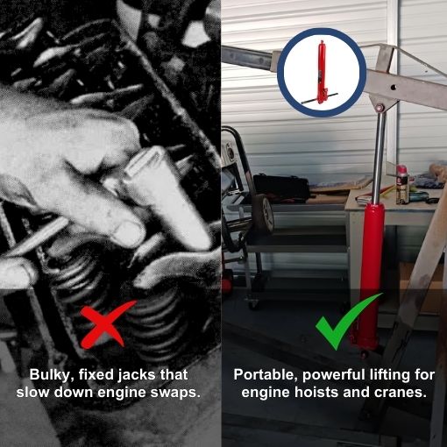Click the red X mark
click(x=107, y=324)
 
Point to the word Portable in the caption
click(x=265, y=374)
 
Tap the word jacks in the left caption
click(x=137, y=375)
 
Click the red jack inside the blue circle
click(x=321, y=73)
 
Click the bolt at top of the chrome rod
click(x=380, y=108)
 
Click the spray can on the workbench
click(x=402, y=184)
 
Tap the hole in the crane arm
click(x=394, y=87)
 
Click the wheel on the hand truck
click(x=264, y=213)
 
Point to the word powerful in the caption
click(x=334, y=374)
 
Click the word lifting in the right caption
click(x=389, y=374)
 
